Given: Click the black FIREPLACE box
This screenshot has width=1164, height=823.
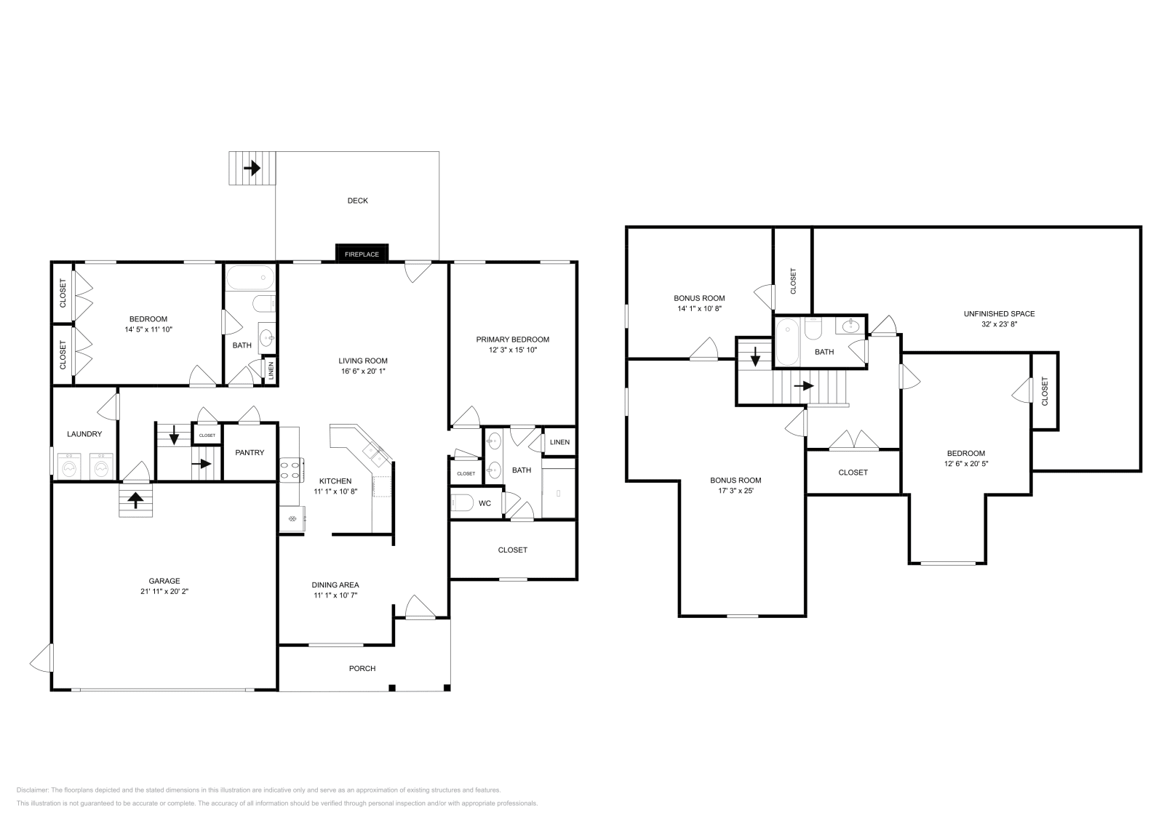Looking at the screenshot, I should point(362,254).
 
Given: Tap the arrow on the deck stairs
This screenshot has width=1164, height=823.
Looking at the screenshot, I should point(252,169).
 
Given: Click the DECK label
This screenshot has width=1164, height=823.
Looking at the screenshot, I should point(357,201).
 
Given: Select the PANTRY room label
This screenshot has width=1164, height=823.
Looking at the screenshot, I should point(250,453).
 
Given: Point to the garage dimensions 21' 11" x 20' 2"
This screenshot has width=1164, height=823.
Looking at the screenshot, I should point(164,592).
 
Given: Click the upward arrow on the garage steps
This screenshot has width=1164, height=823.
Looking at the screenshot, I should point(135,500).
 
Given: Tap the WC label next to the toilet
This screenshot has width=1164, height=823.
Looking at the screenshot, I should point(485,502).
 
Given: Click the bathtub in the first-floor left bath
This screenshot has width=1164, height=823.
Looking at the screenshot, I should point(250,278).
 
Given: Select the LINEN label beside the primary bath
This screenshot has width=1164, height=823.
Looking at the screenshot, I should point(559,443).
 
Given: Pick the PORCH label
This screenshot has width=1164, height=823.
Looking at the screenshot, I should point(362,668).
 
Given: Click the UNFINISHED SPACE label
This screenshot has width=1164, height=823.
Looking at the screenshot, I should point(999,314).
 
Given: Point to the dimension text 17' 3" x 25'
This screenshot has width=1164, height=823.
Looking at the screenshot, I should point(736,491).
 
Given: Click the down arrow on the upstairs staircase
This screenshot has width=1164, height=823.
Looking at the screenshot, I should point(755,356).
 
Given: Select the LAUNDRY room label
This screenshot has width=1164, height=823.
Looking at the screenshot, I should point(84,434).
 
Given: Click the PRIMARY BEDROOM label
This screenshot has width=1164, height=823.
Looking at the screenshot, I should point(512,340).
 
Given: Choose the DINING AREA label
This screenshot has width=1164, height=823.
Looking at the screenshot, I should point(335,585).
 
